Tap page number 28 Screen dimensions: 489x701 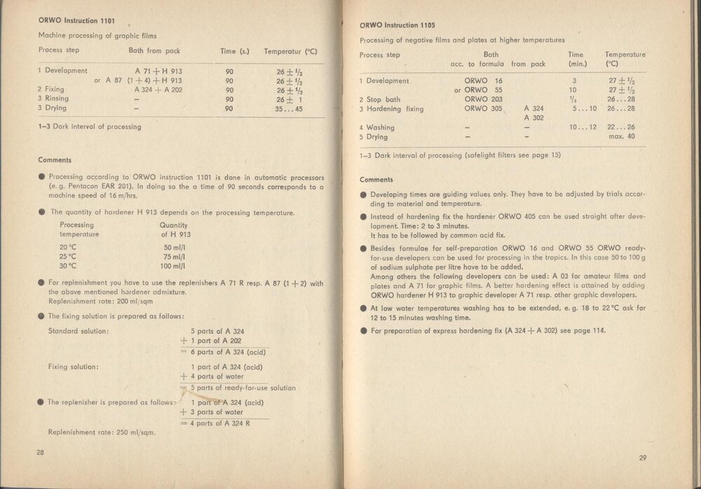[41, 453]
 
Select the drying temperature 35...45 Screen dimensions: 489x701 [290, 109]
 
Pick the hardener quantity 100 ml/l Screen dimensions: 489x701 [172, 266]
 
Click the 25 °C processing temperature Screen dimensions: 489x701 [68, 257]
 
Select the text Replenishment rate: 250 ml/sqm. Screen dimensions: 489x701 [101, 432]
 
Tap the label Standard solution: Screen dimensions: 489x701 [79, 330]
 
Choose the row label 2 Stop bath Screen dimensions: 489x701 [380, 99]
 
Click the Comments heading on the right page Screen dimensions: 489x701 [376, 180]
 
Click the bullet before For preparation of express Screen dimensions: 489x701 [363, 331]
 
